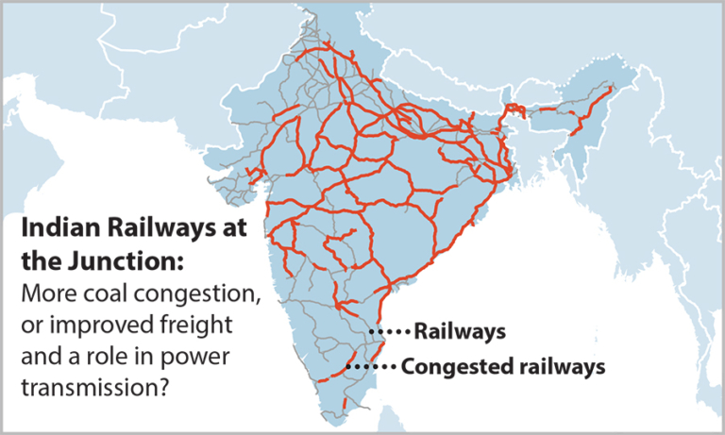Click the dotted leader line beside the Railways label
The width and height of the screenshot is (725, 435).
coord(391,332)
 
